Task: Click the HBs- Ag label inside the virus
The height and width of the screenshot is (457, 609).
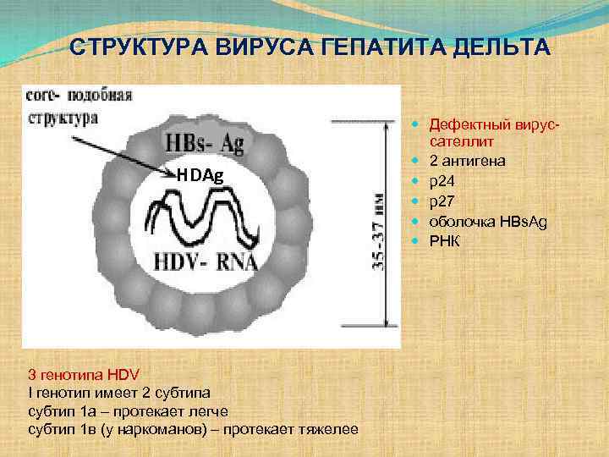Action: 206,144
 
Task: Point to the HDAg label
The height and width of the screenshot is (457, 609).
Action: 200,175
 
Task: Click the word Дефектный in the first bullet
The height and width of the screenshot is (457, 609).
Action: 465,124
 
